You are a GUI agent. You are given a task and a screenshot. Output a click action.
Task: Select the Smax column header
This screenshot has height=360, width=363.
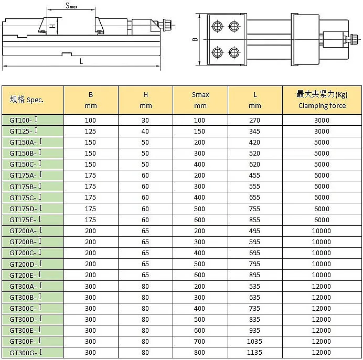[200, 100]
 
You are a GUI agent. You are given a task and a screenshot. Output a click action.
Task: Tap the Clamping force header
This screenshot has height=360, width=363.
[322, 100]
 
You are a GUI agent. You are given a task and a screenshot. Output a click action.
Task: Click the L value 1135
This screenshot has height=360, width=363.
[254, 353]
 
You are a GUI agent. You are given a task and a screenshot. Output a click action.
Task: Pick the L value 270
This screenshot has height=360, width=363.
[254, 120]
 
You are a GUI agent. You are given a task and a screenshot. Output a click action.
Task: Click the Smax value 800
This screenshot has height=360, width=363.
[200, 353]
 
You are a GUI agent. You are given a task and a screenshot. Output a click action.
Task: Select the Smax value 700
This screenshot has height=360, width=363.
[200, 342]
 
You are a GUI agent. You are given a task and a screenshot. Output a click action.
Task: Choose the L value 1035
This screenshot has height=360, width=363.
[254, 342]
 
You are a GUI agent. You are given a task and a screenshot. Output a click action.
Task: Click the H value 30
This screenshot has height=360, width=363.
[145, 120]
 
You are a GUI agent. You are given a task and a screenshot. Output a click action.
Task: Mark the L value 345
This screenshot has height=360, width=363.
[254, 131]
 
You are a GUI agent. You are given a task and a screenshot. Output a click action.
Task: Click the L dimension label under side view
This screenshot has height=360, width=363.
[81, 61]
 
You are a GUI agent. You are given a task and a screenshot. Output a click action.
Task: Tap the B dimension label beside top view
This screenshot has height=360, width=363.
[195, 40]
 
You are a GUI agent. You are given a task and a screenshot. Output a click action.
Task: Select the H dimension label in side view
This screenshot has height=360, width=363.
[52, 26]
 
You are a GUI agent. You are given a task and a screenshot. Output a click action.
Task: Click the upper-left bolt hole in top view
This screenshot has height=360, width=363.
[217, 25]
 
